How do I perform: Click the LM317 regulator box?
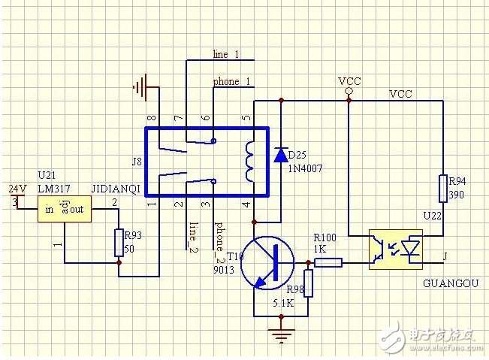point(65,209)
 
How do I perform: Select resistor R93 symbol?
point(119,243)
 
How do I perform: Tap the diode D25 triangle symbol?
point(281,155)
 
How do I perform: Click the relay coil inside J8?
point(249,161)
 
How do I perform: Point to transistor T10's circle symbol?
point(267,263)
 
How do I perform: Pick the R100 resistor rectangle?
point(328,262)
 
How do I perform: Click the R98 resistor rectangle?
point(308,283)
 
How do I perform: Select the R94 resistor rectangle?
point(443,189)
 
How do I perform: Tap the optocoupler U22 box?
point(396,250)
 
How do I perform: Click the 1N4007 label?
point(305,169)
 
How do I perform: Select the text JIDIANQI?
point(116,189)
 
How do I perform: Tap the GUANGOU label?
point(451,283)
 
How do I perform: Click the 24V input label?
point(17,189)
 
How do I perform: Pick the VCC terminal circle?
point(349,91)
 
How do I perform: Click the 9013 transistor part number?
point(224,270)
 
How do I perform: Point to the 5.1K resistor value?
point(283,303)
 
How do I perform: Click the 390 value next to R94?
point(456,195)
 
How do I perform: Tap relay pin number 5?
point(246,118)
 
